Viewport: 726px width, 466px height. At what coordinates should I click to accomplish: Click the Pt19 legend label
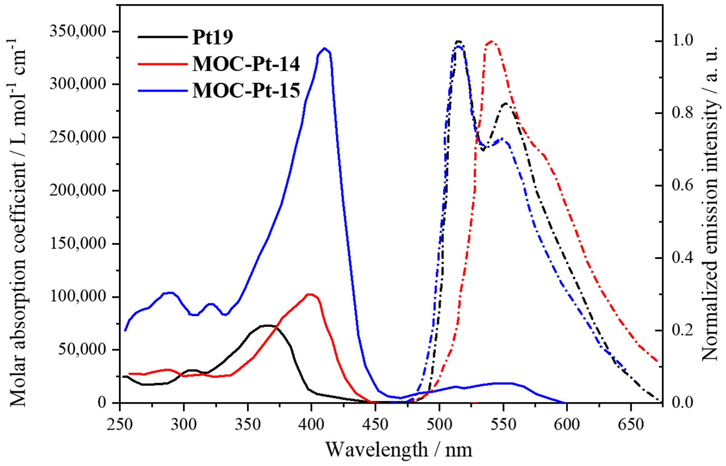(x=213, y=38)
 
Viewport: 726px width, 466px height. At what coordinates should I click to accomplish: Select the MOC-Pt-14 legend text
(x=246, y=64)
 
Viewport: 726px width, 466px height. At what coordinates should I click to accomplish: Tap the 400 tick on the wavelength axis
(x=311, y=425)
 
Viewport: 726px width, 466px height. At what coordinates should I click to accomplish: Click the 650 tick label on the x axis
(x=631, y=425)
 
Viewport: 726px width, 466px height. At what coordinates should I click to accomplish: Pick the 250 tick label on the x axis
(x=120, y=425)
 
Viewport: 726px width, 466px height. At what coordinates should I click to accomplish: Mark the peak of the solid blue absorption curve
(x=325, y=49)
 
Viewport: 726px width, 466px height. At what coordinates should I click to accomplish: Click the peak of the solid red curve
(x=310, y=294)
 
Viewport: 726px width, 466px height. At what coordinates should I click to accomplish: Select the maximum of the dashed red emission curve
(x=491, y=41)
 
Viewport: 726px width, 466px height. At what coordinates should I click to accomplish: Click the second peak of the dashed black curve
(x=505, y=103)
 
